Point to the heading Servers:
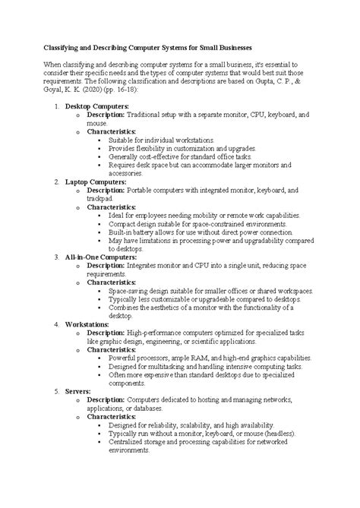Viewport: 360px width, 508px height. tap(78, 390)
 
